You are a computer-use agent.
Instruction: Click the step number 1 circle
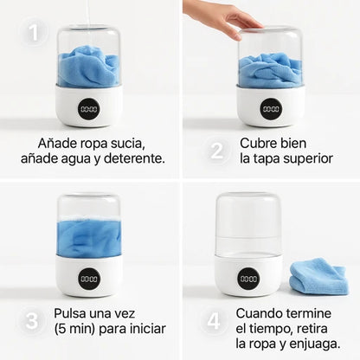tap(34, 32)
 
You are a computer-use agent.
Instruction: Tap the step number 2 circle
tap(216, 151)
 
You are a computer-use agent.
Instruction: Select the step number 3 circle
tap(31, 320)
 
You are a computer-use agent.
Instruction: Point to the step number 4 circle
tap(214, 321)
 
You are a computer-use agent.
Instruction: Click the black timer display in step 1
tap(89, 109)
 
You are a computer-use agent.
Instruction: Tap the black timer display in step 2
tap(271, 109)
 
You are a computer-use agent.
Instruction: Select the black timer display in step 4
tap(248, 279)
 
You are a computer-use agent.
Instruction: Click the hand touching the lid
tap(222, 18)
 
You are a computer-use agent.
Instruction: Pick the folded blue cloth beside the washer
tap(318, 276)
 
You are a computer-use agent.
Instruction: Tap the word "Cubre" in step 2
tap(258, 143)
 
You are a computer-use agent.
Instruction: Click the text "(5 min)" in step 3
tap(74, 329)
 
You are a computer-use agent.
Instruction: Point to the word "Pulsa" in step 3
tap(69, 313)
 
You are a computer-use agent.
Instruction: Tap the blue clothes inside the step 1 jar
tap(88, 67)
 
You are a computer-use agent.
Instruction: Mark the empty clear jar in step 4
tap(248, 225)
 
